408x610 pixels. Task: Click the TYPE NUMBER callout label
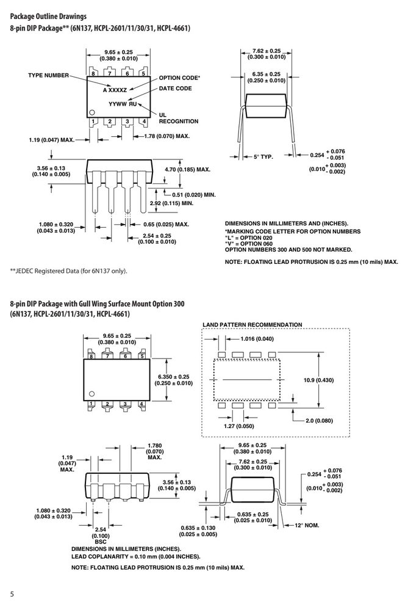(x=49, y=76)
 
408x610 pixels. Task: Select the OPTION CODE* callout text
(x=179, y=78)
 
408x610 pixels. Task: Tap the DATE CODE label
(x=175, y=89)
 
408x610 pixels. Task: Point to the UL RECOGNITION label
(x=178, y=118)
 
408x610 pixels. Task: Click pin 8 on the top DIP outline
(x=93, y=73)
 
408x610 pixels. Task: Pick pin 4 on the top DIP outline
(x=144, y=122)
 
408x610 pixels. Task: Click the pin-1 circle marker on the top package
(x=92, y=112)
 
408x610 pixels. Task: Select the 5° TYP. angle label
(x=263, y=157)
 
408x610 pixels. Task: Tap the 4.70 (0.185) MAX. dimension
(x=188, y=170)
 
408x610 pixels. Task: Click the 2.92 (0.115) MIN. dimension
(x=171, y=203)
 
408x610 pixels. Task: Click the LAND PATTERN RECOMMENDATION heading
(x=252, y=325)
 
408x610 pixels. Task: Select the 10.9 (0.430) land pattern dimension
(x=318, y=380)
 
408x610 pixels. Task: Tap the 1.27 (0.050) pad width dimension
(x=239, y=426)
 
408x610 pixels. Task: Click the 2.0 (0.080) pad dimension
(x=320, y=421)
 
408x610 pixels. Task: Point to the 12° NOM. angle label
(x=307, y=525)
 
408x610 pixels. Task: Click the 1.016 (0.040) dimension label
(x=257, y=338)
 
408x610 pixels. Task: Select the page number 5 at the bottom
(x=12, y=594)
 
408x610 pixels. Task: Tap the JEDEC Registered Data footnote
(x=68, y=271)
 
